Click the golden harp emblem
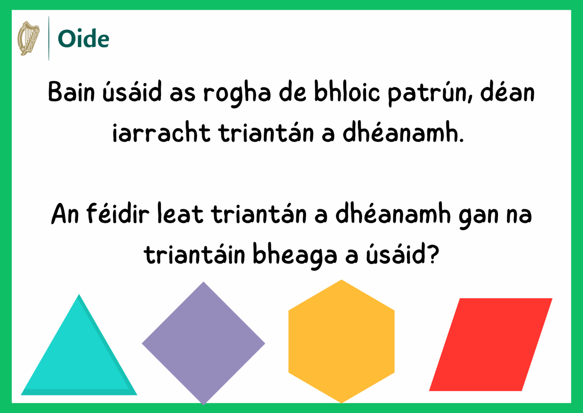click(28, 38)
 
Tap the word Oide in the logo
click(83, 39)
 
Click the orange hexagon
click(342, 341)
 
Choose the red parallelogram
click(490, 344)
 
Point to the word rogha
click(237, 94)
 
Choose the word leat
click(180, 214)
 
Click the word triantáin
click(194, 254)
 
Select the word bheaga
click(295, 255)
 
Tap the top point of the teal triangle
click(79, 294)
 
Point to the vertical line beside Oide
click(49, 38)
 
